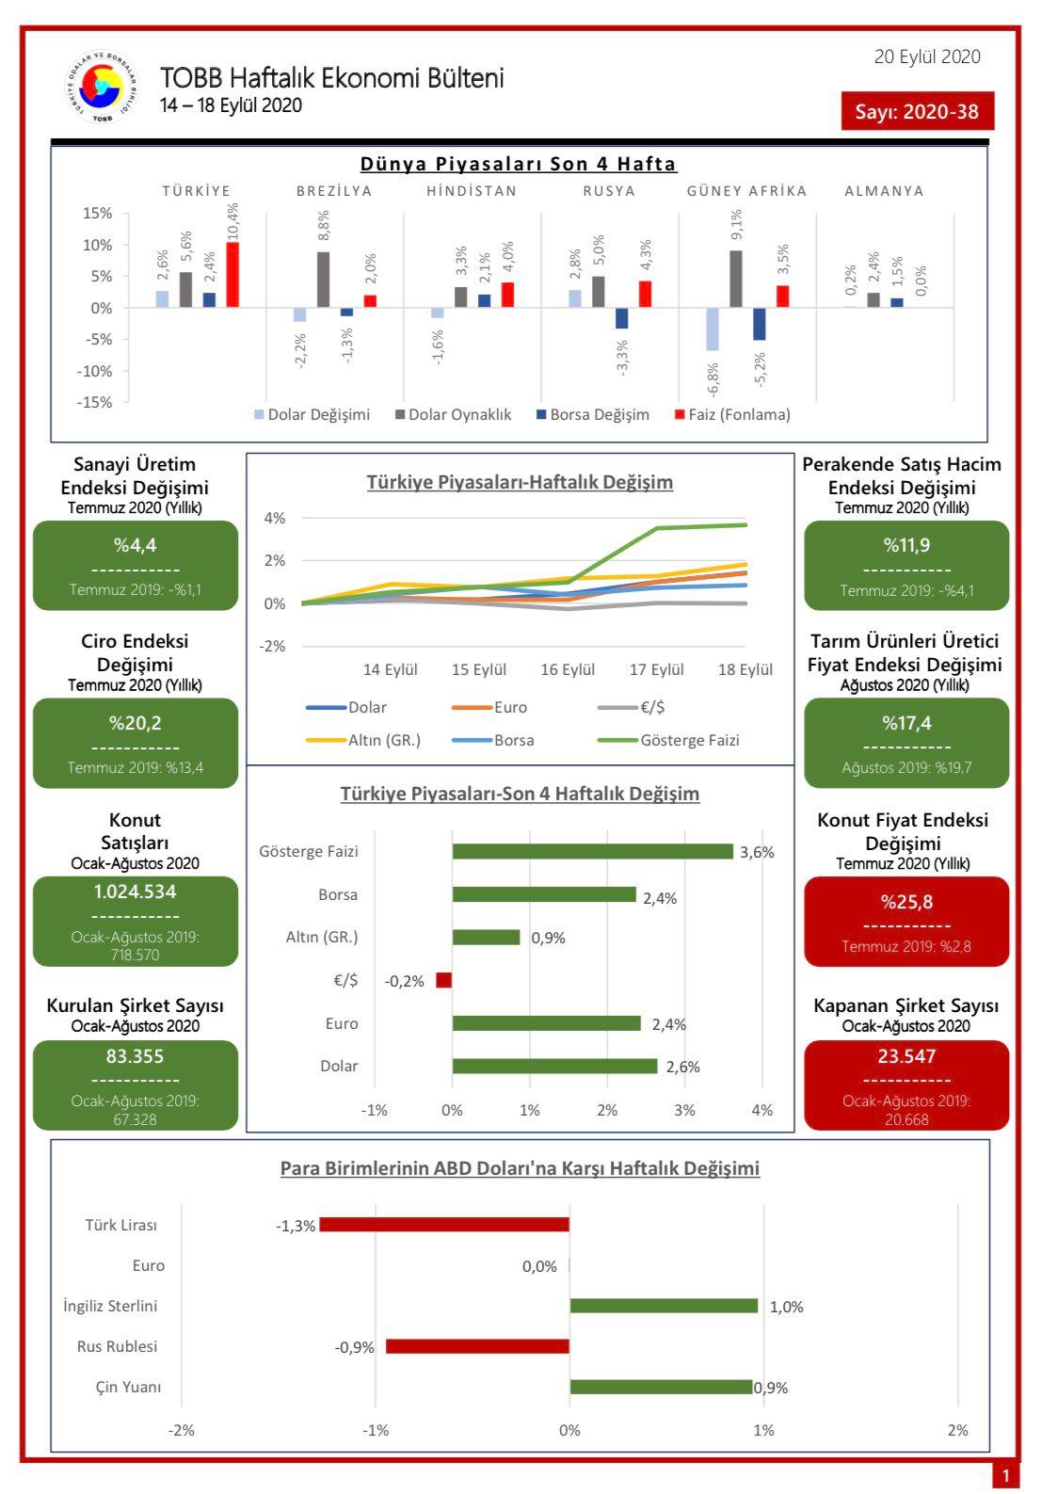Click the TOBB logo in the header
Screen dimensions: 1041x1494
click(x=102, y=87)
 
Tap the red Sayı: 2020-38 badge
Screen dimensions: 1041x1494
click(x=917, y=111)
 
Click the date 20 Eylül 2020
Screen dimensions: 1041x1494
click(x=927, y=56)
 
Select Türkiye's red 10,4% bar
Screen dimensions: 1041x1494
click(x=232, y=274)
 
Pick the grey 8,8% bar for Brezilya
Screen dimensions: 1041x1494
click(x=323, y=280)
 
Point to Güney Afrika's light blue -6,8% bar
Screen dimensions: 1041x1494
click(x=713, y=329)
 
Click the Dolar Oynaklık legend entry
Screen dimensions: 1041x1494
click(x=453, y=414)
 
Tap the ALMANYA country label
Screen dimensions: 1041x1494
click(x=884, y=191)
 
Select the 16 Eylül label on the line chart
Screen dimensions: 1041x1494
click(x=568, y=669)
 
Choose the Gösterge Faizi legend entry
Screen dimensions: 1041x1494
click(x=669, y=740)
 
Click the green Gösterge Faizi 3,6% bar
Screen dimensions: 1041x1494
click(x=592, y=851)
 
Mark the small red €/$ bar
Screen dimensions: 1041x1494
click(x=443, y=980)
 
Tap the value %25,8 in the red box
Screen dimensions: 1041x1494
click(x=906, y=902)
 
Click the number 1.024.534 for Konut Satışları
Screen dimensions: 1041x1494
click(x=135, y=892)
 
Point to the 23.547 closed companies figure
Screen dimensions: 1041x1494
click(x=906, y=1056)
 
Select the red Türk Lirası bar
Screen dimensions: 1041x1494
click(x=444, y=1225)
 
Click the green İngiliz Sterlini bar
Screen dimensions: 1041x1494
click(x=664, y=1305)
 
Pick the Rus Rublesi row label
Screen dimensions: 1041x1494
click(x=118, y=1346)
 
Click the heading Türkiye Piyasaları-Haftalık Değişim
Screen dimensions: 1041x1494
click(x=520, y=482)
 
